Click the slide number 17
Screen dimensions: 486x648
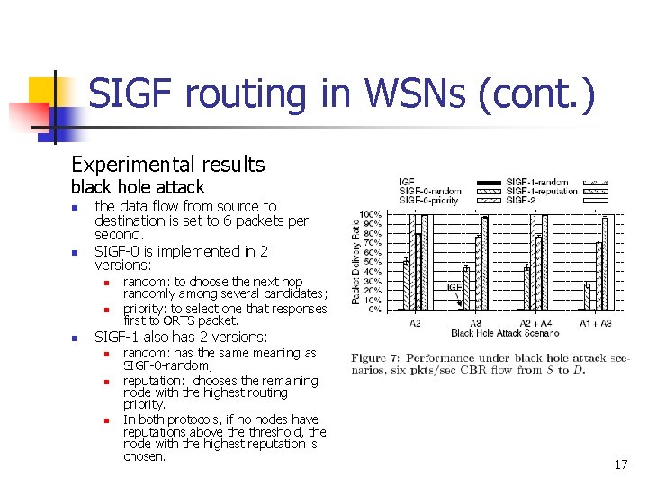click(620, 464)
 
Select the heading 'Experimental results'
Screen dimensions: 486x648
click(168, 164)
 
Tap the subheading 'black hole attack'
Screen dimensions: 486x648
click(138, 187)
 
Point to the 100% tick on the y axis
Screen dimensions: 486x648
click(370, 215)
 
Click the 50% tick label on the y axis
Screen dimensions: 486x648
click(372, 262)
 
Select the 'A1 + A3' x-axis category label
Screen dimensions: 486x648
click(596, 322)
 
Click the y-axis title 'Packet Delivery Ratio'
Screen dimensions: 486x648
click(355, 262)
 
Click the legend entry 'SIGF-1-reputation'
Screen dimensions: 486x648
click(544, 191)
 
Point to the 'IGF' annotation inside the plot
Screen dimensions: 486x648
click(455, 287)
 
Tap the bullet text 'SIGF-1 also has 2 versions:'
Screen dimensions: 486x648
click(181, 337)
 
